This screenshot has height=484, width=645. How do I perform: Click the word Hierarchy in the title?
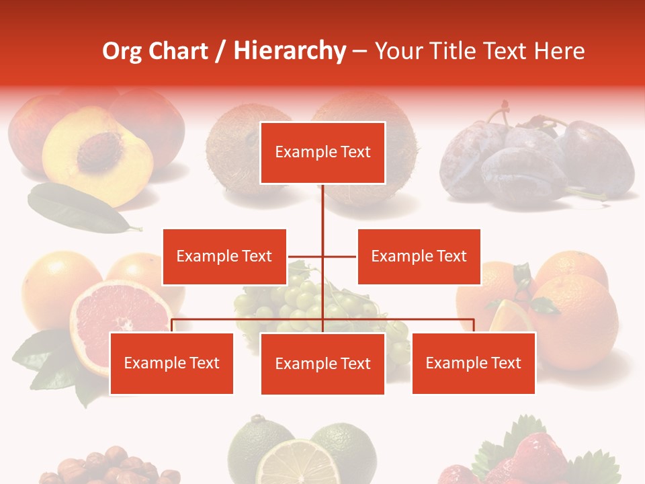click(289, 51)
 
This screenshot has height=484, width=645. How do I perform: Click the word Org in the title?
click(122, 51)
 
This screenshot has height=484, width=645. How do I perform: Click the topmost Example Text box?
click(322, 153)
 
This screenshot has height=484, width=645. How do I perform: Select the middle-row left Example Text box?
click(224, 257)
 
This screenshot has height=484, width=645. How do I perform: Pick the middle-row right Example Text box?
click(419, 257)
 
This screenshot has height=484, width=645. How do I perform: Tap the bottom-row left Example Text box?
click(171, 364)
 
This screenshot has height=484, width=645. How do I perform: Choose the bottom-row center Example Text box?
click(322, 364)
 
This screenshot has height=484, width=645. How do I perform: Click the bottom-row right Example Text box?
click(473, 364)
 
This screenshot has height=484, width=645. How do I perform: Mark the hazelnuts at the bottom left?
click(101, 467)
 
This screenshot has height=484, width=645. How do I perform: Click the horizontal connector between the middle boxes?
click(322, 257)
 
